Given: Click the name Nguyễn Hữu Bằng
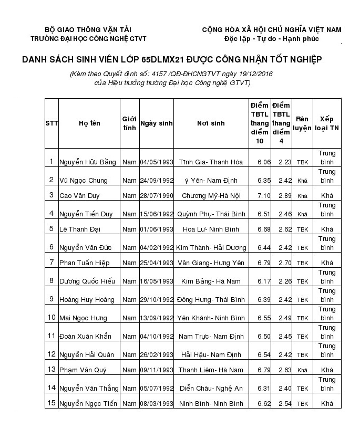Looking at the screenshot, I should (87, 162).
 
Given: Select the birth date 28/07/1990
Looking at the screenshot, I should (157, 195).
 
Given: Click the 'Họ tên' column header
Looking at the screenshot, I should (89, 123).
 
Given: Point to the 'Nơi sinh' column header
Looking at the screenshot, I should (211, 123).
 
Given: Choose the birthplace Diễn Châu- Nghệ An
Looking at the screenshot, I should (211, 389).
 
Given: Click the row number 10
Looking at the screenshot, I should (52, 317).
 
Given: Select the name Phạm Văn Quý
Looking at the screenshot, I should (83, 370).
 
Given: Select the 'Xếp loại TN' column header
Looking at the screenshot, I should (327, 123).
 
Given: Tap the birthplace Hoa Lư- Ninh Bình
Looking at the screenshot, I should (211, 229).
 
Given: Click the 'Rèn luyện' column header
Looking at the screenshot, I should (302, 123).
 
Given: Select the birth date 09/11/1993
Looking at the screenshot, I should (157, 370).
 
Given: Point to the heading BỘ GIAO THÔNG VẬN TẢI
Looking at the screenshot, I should (88, 29).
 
